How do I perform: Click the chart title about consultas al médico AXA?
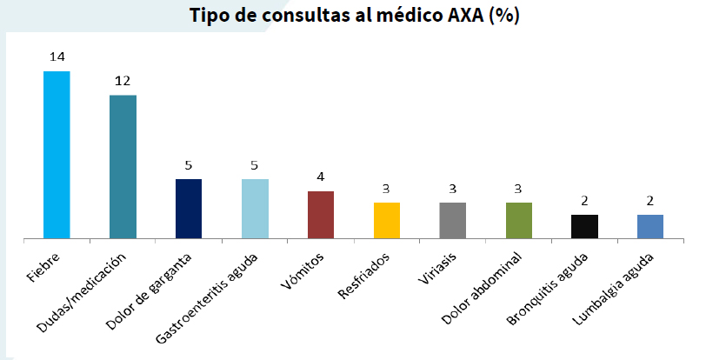pos(354,17)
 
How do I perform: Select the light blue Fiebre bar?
pos(57,154)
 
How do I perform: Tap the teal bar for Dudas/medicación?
pos(123,166)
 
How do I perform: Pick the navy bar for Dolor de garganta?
pos(189,208)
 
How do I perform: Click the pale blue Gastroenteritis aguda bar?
pos(255,208)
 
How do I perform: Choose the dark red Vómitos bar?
pos(321,214)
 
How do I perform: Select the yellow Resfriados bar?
pos(387,220)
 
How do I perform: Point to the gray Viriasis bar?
pos(452,220)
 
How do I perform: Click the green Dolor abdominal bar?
pos(518,220)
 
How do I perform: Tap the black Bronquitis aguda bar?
pos(584,226)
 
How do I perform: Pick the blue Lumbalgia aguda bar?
pos(650,226)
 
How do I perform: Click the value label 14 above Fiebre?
pos(57,57)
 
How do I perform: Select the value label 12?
pos(123,81)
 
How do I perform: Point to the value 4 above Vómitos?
pos(321,177)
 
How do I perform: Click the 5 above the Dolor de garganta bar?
pos(189,165)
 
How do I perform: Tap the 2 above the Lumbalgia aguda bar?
pos(650,200)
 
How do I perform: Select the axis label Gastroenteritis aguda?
pos(223,289)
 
